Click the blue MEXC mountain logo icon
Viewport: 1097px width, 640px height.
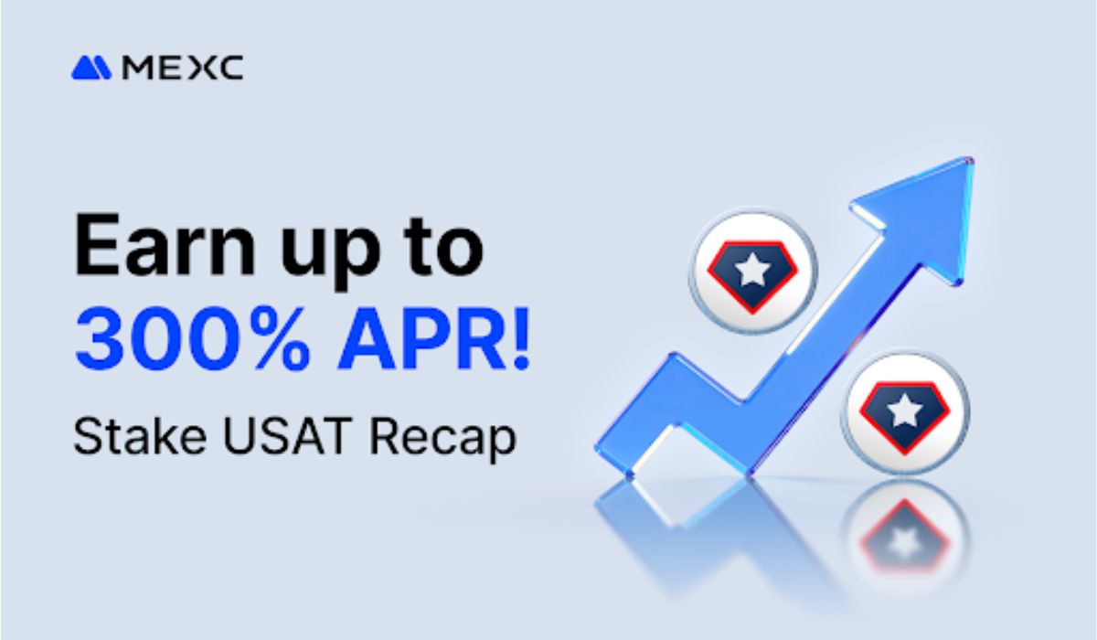(91, 68)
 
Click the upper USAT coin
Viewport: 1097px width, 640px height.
(752, 270)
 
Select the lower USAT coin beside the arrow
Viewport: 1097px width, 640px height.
(904, 411)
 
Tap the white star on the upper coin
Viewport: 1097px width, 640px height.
(752, 269)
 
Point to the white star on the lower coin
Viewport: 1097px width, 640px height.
(904, 411)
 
